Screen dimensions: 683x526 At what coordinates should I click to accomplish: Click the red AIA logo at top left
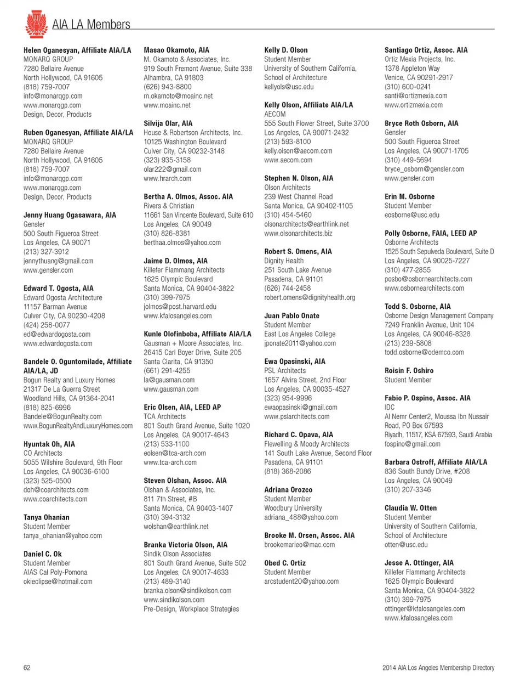click(x=36, y=24)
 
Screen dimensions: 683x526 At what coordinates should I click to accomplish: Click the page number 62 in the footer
click(x=27, y=668)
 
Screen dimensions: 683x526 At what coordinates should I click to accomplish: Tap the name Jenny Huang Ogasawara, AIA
click(x=70, y=215)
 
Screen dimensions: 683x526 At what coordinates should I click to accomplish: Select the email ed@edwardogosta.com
click(x=57, y=334)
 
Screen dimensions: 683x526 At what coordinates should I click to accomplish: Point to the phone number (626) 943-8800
click(x=168, y=87)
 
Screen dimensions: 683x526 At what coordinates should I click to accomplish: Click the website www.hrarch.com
click(x=168, y=178)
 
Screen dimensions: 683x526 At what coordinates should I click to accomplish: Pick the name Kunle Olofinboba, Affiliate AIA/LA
click(x=197, y=334)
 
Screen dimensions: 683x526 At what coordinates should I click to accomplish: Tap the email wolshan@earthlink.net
click(x=176, y=527)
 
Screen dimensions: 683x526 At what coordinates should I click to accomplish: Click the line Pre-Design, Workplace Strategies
click(x=191, y=609)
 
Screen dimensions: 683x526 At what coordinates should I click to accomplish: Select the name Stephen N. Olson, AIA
click(x=299, y=178)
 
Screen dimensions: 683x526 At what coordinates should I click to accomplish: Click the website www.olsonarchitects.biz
click(x=298, y=233)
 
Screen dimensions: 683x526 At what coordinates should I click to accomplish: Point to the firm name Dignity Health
click(x=284, y=261)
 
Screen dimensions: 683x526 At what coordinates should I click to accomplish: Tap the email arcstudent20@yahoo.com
click(x=301, y=582)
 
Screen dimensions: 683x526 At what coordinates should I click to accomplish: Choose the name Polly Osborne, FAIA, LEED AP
click(x=431, y=233)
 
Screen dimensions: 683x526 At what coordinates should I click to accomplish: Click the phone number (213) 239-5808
click(x=408, y=343)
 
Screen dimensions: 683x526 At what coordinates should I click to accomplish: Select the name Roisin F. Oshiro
click(x=409, y=371)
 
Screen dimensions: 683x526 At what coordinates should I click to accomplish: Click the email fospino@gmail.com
click(x=413, y=444)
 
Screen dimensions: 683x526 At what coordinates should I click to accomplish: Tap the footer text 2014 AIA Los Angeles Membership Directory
click(x=438, y=668)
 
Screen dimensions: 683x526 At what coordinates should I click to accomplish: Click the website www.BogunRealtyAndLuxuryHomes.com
click(x=78, y=426)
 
